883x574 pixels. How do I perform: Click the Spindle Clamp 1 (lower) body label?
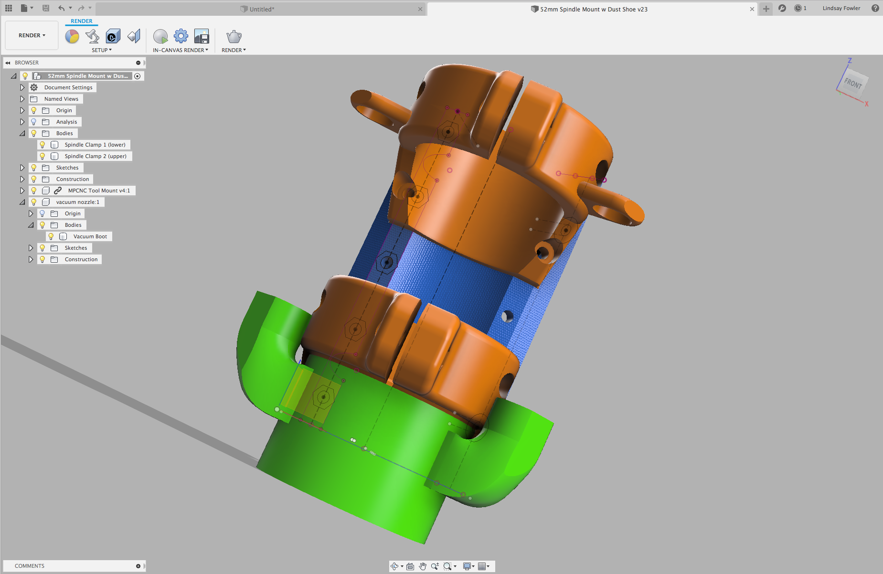[95, 145]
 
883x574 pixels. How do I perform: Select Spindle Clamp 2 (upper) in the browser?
[96, 156]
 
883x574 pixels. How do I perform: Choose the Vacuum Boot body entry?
[90, 236]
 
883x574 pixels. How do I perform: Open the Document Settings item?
[68, 87]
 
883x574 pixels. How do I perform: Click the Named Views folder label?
[61, 99]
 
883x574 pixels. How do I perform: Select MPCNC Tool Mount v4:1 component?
[99, 191]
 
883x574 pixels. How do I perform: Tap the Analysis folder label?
[66, 122]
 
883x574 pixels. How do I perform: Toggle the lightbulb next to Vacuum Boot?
[51, 236]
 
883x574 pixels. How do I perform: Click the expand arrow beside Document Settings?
[22, 87]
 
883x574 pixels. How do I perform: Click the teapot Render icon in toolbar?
[234, 36]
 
